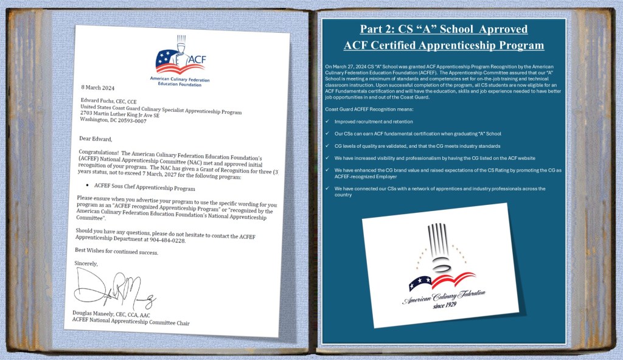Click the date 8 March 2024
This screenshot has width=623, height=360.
(x=99, y=86)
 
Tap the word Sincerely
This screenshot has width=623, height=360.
(x=86, y=263)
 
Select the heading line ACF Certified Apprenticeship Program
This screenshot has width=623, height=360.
(x=444, y=45)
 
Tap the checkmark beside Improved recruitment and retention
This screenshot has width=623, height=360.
(x=328, y=122)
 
